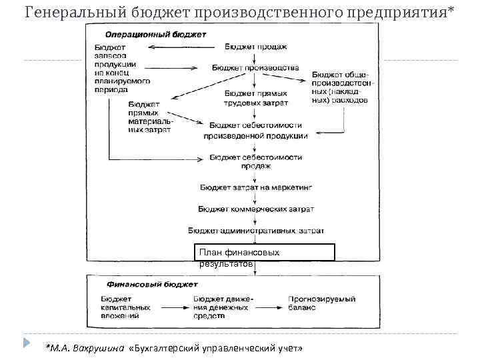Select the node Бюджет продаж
[256, 47]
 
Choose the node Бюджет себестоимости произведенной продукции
[257, 130]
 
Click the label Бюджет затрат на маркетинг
[255, 189]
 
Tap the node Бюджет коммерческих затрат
[256, 209]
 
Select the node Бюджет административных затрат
[256, 230]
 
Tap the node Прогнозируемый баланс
[322, 304]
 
